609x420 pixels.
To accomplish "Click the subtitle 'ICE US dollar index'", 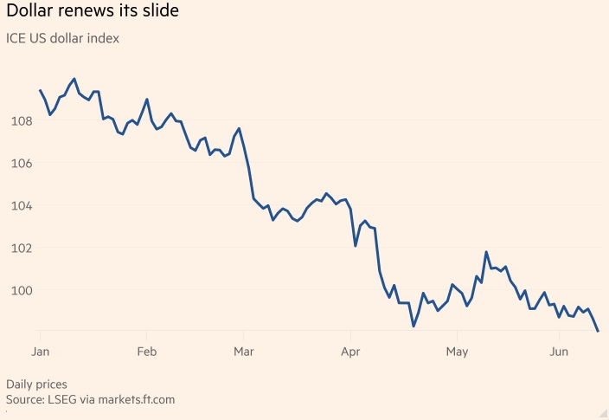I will [x=62, y=38].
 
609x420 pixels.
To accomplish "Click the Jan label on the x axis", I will [x=40, y=352].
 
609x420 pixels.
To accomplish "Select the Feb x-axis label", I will [x=146, y=352].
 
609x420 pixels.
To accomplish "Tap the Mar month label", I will [x=245, y=352].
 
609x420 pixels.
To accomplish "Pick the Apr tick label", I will [x=350, y=352].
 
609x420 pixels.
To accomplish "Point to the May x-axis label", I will [x=457, y=352].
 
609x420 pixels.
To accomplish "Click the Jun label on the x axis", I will [x=560, y=352].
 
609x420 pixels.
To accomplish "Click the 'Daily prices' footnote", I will [x=36, y=384].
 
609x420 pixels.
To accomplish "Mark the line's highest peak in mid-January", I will [x=74, y=79].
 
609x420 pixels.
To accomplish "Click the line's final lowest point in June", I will [x=598, y=331].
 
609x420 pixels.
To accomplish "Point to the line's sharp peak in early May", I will [x=486, y=252].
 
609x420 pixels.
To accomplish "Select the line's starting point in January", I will [x=40, y=90].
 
